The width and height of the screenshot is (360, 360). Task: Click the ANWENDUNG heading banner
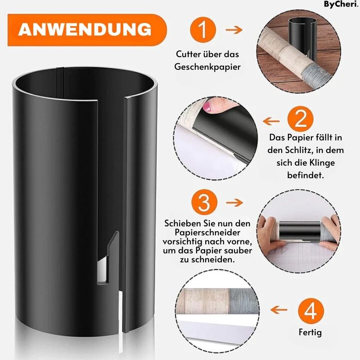coord(87,30)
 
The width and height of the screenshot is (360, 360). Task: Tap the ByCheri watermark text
coord(341,4)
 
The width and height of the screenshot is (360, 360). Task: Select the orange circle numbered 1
coord(203,30)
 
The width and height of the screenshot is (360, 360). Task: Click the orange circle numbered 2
coord(300,119)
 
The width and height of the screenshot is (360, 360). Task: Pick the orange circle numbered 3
coord(204,202)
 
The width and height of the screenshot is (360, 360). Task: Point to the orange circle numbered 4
coord(311,311)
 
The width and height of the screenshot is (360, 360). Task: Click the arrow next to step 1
coord(234,30)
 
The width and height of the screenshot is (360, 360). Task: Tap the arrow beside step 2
coord(271,121)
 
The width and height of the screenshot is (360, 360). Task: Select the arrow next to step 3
coord(234,202)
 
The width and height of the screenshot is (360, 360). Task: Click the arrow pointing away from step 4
coord(279,310)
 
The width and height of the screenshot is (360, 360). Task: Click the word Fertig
coord(310,333)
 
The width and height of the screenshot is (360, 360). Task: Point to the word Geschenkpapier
coord(207,67)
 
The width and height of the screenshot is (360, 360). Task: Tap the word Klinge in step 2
coord(322,163)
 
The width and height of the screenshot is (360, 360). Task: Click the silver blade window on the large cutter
coord(102,270)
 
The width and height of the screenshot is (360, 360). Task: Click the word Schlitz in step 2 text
coord(299,150)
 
